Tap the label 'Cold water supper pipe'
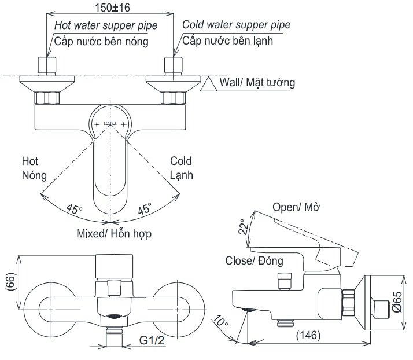click(x=236, y=25)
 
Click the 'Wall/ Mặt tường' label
click(x=257, y=83)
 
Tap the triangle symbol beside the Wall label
click(x=208, y=86)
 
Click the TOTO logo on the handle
click(x=109, y=123)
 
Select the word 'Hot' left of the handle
click(x=30, y=160)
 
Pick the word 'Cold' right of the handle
click(x=180, y=161)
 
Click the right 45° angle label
click(x=144, y=209)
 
